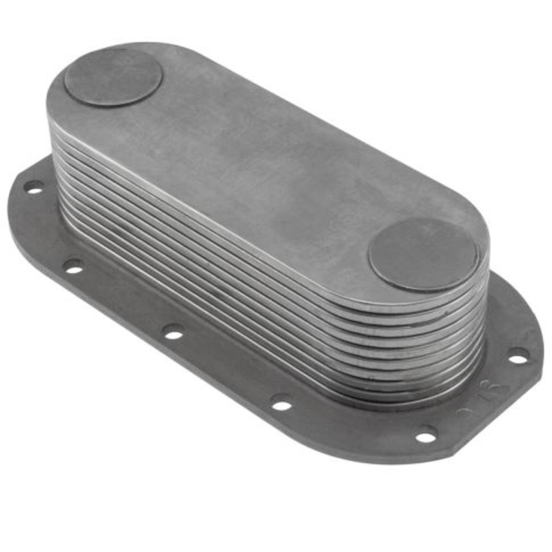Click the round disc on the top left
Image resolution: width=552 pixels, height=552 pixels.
point(113,77)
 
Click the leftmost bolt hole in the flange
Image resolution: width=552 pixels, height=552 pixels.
point(33,186)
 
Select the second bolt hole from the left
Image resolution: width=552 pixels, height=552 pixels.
point(72,265)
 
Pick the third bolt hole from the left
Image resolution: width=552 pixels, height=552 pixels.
point(173,333)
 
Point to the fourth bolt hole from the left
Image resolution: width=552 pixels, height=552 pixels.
point(282,402)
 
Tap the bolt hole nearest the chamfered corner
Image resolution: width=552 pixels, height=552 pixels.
point(426,435)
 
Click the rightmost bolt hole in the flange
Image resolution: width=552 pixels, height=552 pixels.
point(518,355)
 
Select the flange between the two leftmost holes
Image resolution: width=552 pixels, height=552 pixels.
point(48,228)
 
